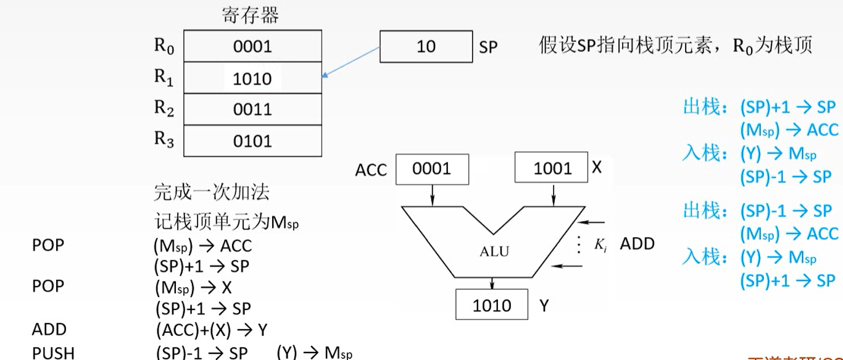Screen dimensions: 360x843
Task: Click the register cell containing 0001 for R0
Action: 252,46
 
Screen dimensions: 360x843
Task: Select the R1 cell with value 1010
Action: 252,78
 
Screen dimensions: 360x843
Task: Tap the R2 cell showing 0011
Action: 252,110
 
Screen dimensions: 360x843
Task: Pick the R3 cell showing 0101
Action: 252,141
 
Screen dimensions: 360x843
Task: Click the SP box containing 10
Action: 426,47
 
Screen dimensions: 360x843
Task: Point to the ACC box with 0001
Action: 432,169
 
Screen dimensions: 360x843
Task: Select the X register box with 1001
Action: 552,169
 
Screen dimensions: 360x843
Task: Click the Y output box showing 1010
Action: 491,305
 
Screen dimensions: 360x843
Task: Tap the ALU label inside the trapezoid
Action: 493,251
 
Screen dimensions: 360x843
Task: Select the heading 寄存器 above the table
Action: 250,15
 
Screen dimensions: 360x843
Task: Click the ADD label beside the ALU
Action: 637,244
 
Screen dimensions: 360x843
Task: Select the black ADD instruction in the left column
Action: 49,330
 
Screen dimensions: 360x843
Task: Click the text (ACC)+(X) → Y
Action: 212,330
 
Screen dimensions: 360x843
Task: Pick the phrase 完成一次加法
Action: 211,192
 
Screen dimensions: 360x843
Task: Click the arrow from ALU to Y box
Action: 492,283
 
